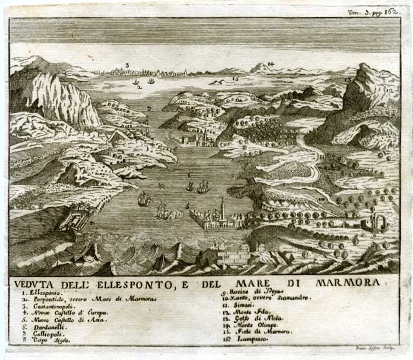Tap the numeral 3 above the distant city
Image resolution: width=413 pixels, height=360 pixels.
click(127, 65)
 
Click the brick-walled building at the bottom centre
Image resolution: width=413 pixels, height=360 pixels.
click(233, 256)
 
